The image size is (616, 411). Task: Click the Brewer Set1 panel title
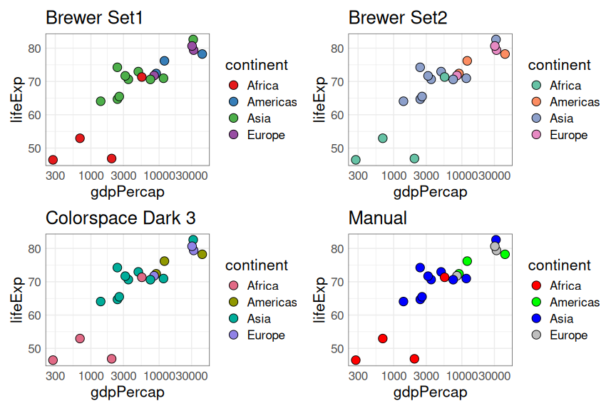(x=94, y=18)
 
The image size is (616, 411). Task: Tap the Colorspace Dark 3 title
(x=120, y=218)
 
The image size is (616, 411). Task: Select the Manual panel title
(x=377, y=218)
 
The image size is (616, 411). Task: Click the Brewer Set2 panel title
(x=398, y=18)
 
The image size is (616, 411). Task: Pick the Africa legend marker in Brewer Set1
(x=233, y=86)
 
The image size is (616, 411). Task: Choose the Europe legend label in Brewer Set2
(x=568, y=135)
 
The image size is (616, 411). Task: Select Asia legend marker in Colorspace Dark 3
(x=233, y=319)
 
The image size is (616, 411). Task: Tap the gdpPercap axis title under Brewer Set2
(x=430, y=191)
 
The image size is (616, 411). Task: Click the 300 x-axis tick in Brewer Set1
(x=53, y=176)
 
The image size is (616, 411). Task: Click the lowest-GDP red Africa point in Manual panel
(x=356, y=360)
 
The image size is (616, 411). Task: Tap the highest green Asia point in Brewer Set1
(x=192, y=40)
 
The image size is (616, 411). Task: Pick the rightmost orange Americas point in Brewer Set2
(x=505, y=54)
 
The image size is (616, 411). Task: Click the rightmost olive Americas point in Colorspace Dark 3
(x=202, y=255)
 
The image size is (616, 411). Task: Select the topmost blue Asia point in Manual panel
(x=496, y=240)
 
